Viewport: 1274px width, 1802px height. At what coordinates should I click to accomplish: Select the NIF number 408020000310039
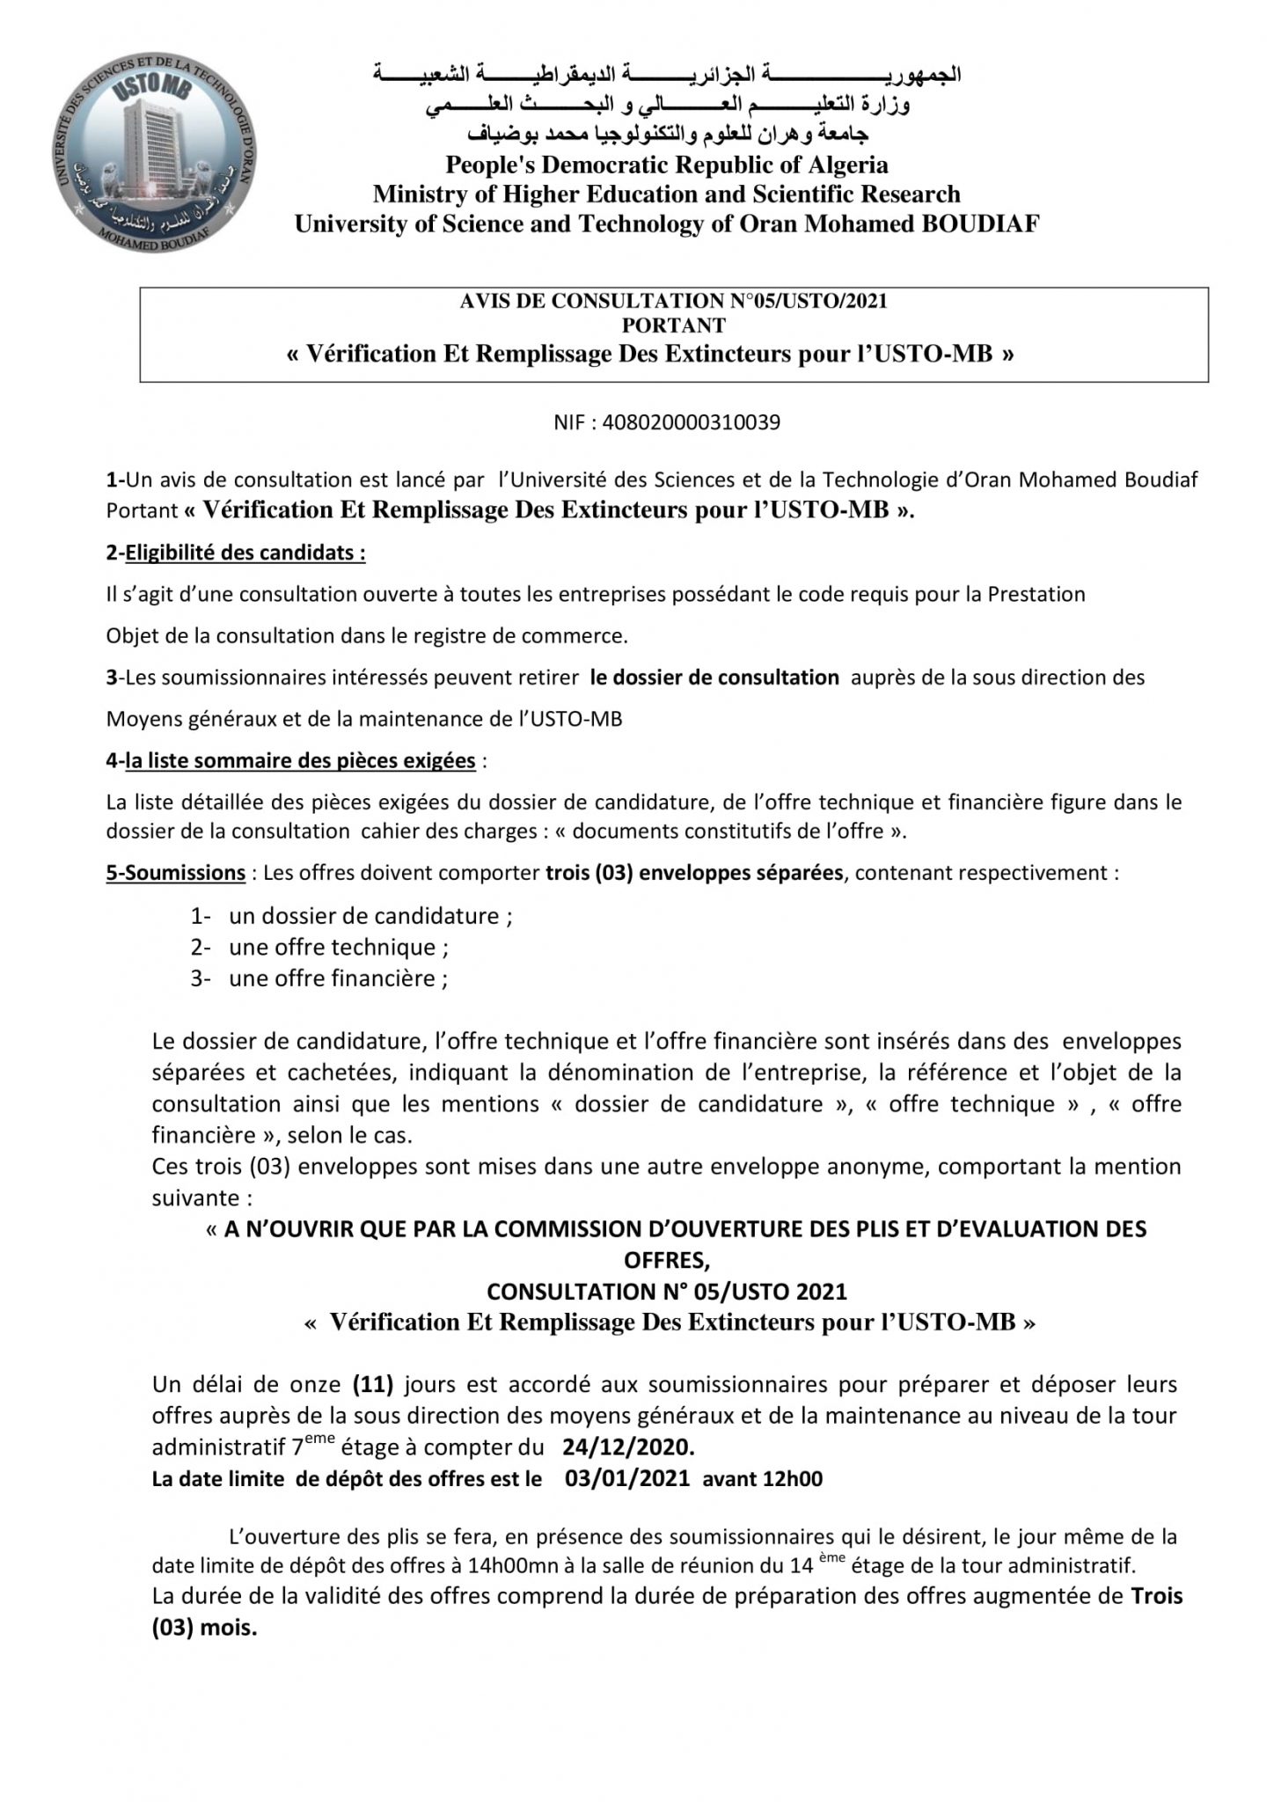click(x=667, y=422)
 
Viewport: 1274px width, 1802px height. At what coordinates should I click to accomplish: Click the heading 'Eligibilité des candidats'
click(x=245, y=553)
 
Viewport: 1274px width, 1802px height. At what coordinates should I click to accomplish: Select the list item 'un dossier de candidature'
click(x=370, y=916)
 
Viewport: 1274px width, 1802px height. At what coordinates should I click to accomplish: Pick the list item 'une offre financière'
click(x=339, y=978)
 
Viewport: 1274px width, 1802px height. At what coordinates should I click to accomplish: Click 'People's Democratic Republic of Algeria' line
click(x=667, y=165)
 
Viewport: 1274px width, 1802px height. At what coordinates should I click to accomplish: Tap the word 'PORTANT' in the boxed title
click(x=673, y=326)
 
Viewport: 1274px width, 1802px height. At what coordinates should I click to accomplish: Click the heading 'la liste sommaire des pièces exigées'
click(x=299, y=761)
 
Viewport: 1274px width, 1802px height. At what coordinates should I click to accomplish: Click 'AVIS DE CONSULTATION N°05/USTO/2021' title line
click(x=673, y=302)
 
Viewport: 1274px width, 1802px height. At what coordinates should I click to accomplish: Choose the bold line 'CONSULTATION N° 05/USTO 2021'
click(x=667, y=1292)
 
